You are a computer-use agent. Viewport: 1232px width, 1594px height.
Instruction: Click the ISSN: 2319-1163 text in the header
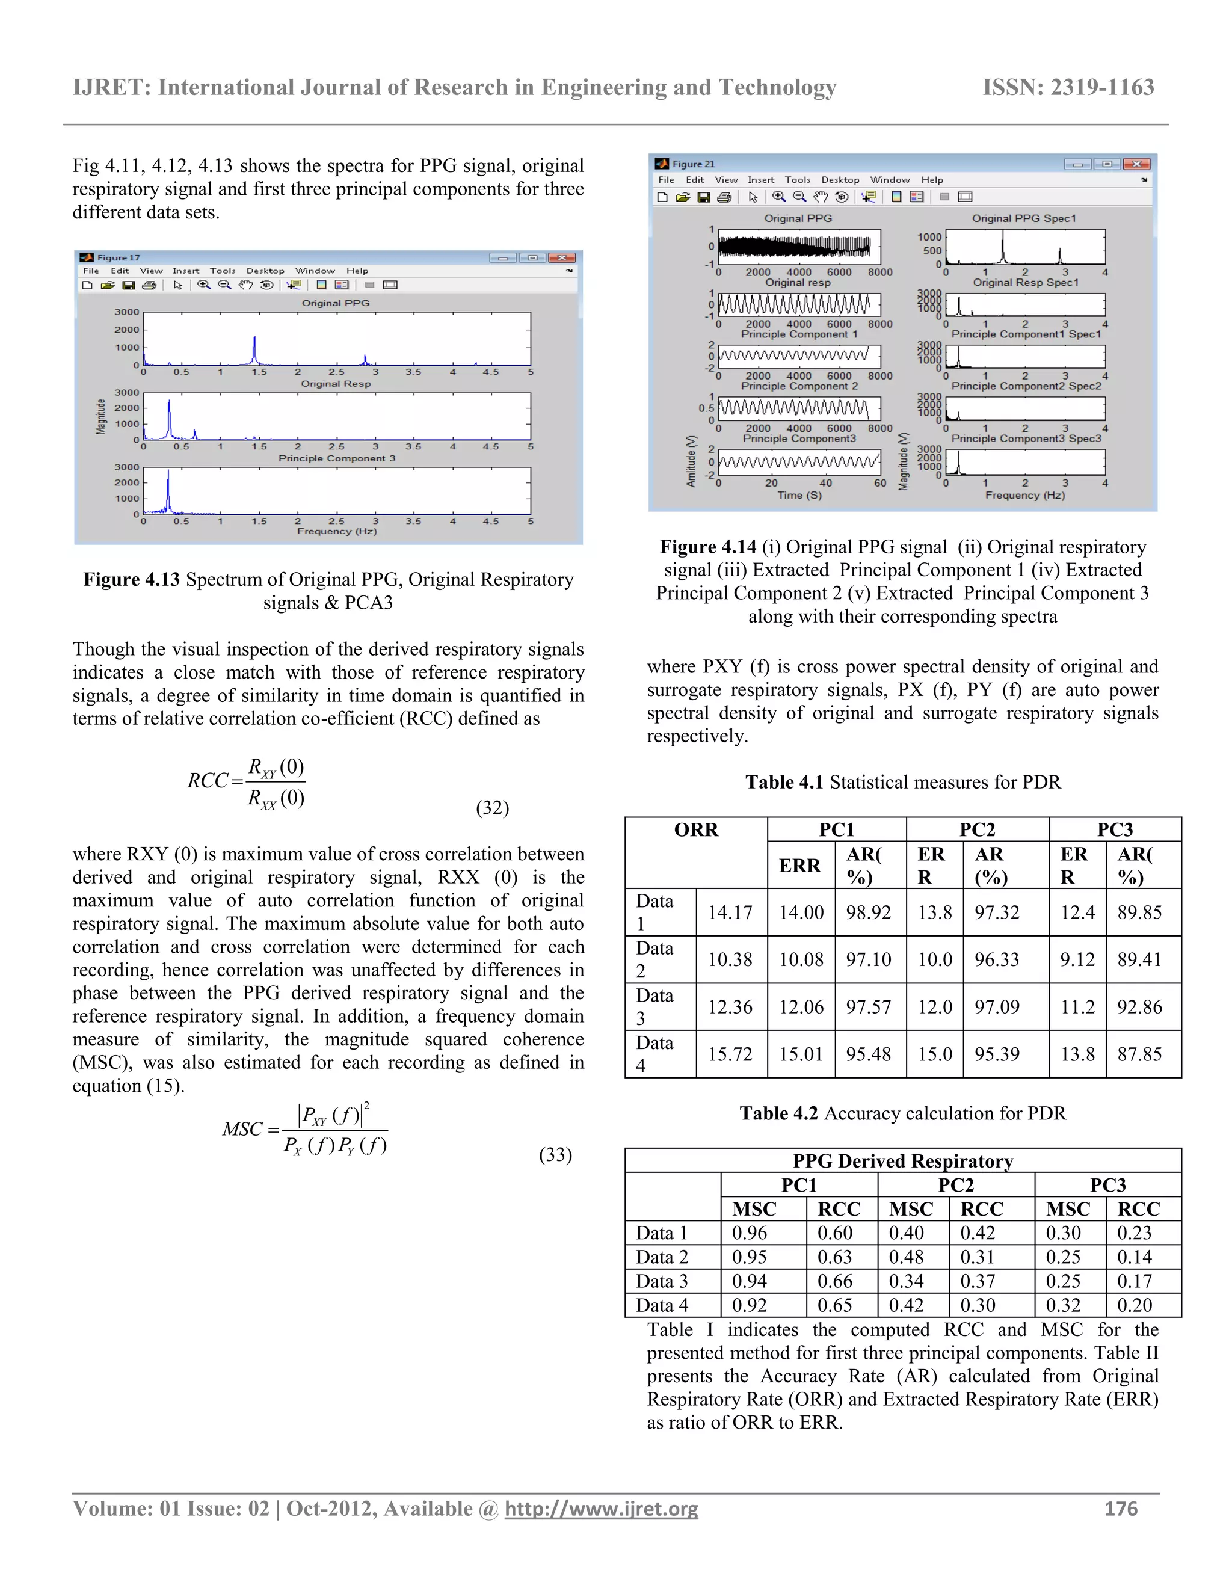point(1068,88)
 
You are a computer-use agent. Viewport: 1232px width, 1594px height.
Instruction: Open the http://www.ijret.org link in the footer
point(601,1509)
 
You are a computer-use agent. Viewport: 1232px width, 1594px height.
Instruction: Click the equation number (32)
point(492,808)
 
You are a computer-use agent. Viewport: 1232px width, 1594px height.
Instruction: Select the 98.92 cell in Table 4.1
point(868,912)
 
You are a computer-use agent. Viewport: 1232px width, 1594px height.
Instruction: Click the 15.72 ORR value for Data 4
point(729,1054)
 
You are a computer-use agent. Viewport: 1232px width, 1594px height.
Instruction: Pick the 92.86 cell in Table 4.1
point(1139,1007)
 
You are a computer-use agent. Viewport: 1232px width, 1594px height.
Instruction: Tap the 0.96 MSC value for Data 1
point(750,1232)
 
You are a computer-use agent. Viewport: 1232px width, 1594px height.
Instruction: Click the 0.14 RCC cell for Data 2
point(1134,1257)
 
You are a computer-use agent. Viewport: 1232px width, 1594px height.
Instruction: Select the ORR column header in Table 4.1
point(695,830)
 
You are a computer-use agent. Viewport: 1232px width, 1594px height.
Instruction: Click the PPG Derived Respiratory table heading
point(902,1160)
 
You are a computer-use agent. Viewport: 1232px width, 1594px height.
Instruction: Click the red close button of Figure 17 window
point(562,257)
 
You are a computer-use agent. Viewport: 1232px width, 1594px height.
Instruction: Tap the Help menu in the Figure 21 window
point(931,179)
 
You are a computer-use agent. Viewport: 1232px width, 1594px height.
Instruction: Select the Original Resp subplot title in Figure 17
point(336,384)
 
